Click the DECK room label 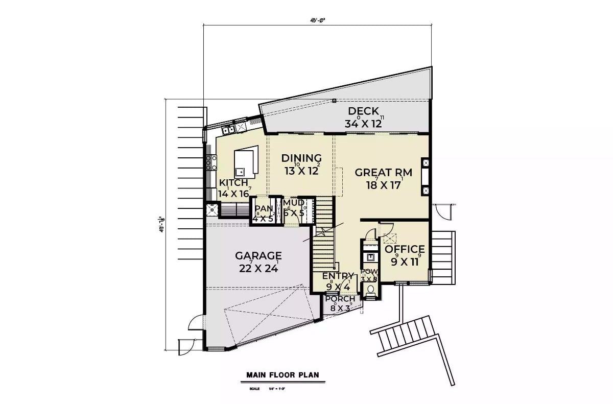pos(363,111)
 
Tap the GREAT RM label pos(383,173)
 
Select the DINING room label pos(301,158)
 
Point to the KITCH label pos(233,183)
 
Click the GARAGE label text pos(258,256)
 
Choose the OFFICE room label pos(405,249)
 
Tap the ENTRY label pos(338,276)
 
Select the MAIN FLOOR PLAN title pos(282,375)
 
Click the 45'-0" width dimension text pos(317,21)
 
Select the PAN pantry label pos(264,208)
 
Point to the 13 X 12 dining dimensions pos(301,171)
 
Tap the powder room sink pos(370,257)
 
